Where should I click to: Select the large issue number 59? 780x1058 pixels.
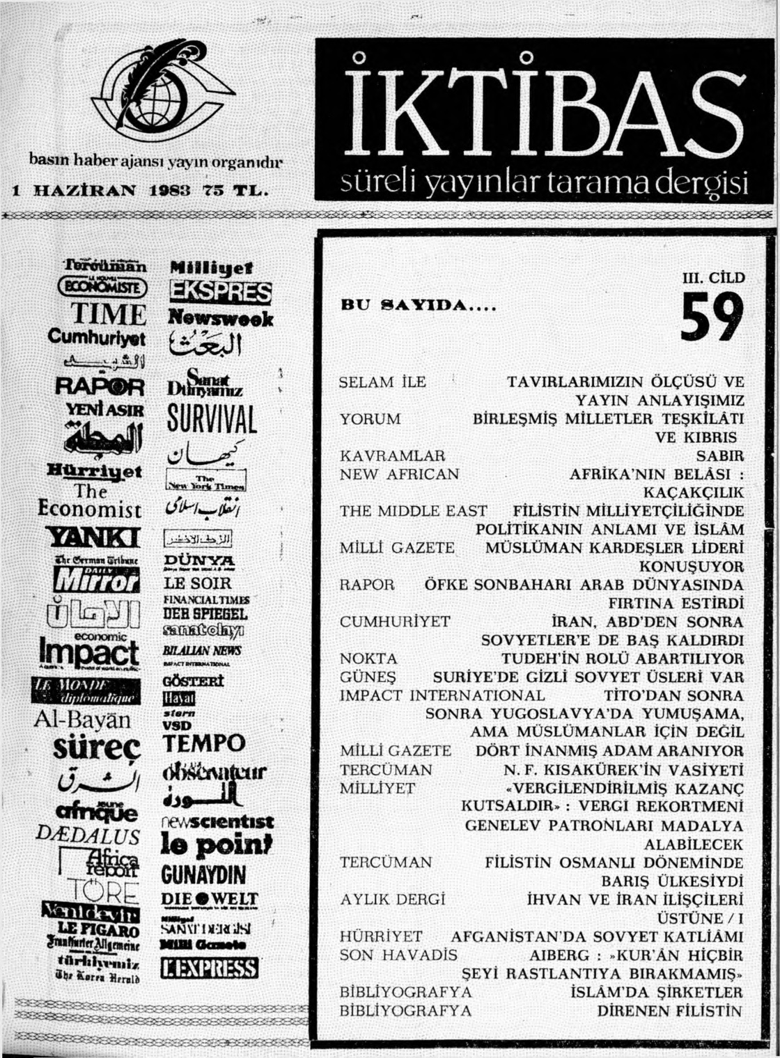712,317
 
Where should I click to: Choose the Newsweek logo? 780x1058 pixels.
221,319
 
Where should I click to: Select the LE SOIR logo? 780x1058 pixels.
197,583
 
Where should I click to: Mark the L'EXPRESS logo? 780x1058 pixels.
210,968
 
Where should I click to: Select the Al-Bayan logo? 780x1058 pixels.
86,719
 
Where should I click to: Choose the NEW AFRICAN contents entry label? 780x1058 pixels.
399,475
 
